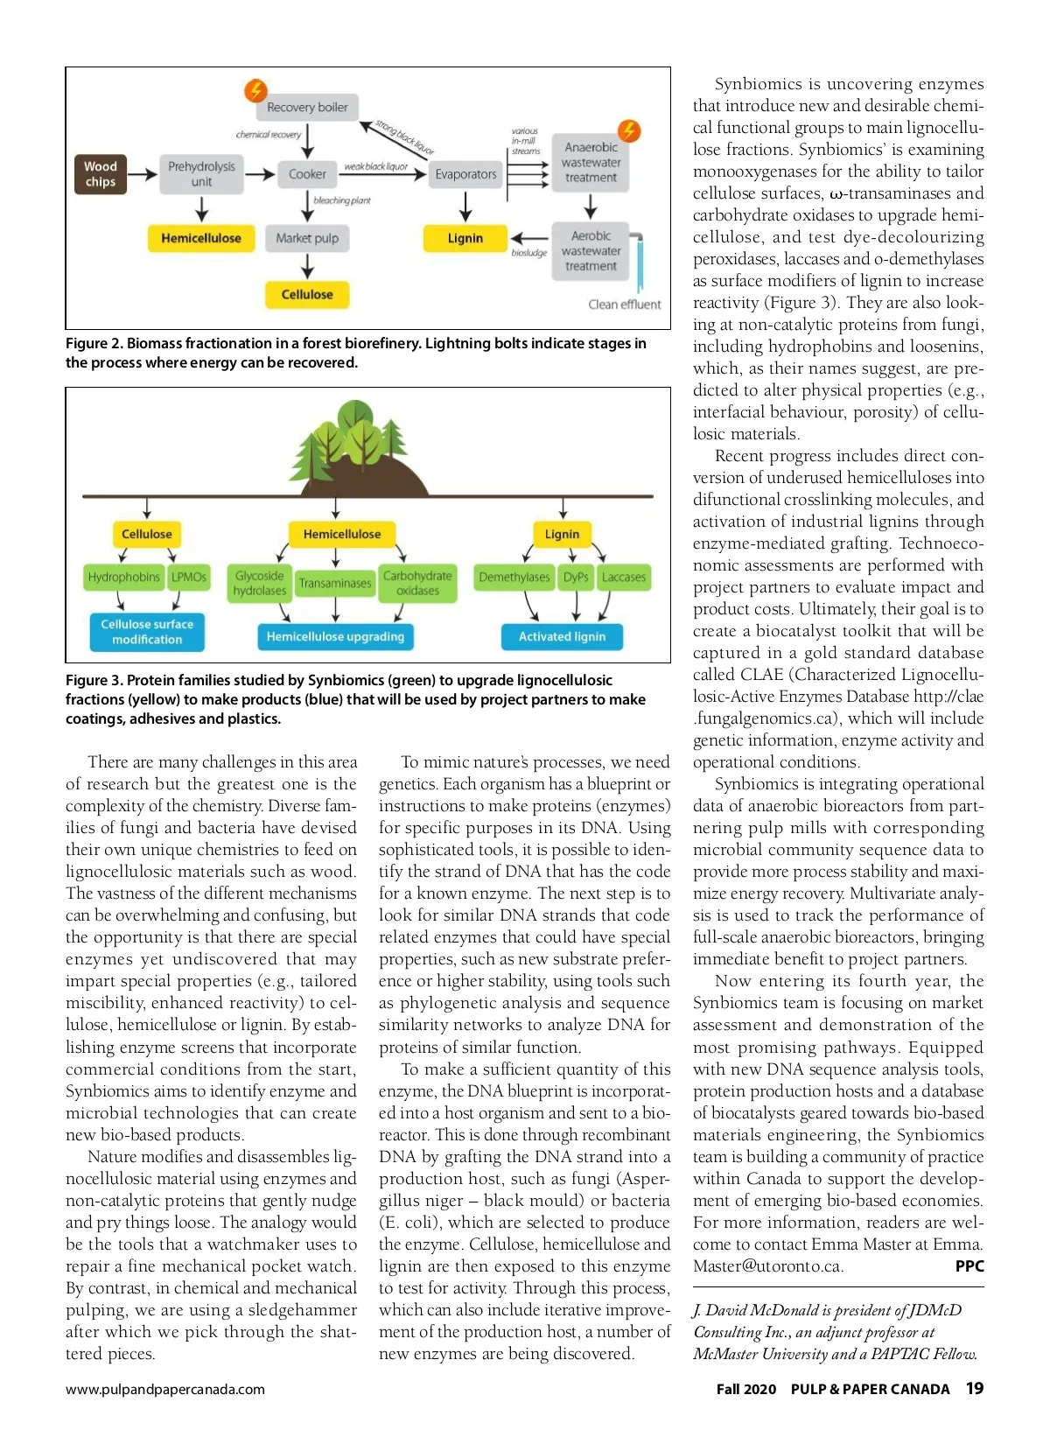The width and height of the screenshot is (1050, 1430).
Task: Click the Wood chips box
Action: coord(101,174)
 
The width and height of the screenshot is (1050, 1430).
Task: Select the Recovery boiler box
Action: coord(307,108)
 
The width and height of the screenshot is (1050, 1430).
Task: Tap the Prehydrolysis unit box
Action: coord(201,174)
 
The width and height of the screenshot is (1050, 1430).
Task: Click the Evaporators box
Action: coord(465,174)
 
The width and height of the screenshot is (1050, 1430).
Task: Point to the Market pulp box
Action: coord(307,238)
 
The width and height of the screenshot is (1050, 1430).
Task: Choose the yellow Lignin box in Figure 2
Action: coord(465,238)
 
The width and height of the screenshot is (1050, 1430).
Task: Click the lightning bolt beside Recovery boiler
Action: coord(255,89)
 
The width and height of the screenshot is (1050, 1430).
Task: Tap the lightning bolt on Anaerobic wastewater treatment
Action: coord(629,131)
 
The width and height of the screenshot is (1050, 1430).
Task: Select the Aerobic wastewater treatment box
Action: coord(591,251)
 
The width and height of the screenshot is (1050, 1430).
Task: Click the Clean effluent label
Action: coord(624,305)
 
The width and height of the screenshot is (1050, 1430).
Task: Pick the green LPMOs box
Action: coord(189,577)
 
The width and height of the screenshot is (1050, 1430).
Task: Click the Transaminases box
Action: coord(335,583)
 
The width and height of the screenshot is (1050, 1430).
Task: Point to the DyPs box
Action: coord(576,577)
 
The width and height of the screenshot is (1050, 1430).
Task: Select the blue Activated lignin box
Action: coord(562,636)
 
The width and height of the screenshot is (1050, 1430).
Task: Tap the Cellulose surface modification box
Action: coord(147,632)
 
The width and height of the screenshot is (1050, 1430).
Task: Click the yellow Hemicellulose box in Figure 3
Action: coord(342,534)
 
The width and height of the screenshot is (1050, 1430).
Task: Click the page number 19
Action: coord(974,1389)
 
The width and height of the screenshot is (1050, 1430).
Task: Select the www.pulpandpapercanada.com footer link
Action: coord(165,1390)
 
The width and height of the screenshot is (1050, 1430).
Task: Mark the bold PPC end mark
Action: coord(969,1266)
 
